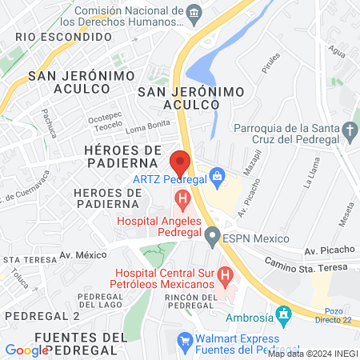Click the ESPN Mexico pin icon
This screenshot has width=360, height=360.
point(212,236)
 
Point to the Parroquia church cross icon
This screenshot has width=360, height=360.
point(350,129)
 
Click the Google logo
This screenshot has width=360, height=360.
point(26,350)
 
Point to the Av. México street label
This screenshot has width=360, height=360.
point(85,255)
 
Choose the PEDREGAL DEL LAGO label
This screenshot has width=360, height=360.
point(99,301)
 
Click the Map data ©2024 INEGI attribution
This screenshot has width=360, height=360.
point(312,353)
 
